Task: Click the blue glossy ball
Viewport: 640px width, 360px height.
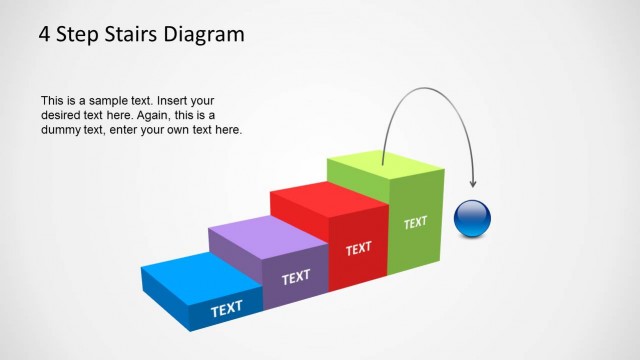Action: point(472,218)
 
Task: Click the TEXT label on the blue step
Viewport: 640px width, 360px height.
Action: point(227,309)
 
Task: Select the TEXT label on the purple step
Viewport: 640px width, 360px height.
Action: point(296,277)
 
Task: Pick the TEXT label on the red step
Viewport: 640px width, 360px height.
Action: point(359,248)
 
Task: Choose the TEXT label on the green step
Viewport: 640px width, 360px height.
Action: point(415,223)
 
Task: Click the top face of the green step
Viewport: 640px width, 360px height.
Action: point(385,167)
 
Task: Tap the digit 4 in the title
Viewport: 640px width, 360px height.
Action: point(45,35)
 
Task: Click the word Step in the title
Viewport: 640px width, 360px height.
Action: point(79,35)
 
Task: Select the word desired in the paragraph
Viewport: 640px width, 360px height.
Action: point(61,116)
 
